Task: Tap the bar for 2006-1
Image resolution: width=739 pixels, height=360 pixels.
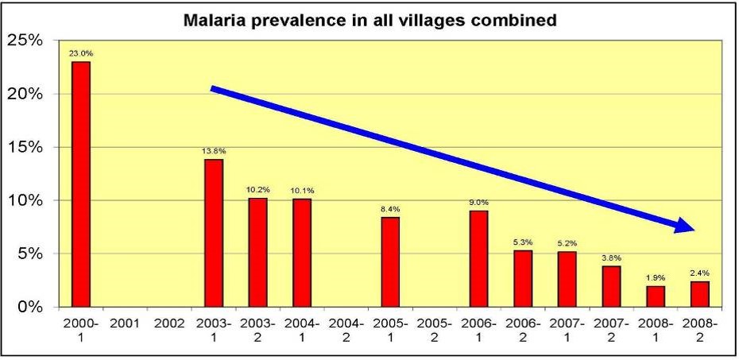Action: point(478,258)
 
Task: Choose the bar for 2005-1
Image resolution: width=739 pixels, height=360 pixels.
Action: point(390,261)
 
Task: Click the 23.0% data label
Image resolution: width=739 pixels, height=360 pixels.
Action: point(81,53)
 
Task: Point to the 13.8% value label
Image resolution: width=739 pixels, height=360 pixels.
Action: point(214,150)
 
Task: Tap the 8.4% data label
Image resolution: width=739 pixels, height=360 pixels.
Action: point(390,208)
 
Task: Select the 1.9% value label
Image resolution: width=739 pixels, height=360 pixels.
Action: point(656,278)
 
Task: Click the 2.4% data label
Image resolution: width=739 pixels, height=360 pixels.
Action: point(699,273)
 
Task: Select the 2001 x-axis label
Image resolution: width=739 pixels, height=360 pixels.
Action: point(125,324)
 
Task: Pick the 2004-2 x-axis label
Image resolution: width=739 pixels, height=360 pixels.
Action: point(346,331)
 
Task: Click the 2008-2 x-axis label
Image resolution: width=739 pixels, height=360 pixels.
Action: point(699,331)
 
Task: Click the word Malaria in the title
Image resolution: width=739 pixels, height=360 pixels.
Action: point(213,20)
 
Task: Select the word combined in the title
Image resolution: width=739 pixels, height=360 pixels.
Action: point(519,20)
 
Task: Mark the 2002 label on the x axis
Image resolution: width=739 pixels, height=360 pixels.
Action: point(169,324)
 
